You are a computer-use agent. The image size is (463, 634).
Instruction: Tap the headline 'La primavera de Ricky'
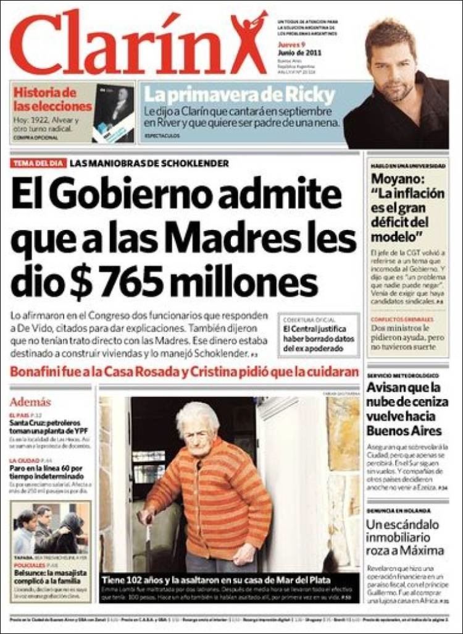point(240,95)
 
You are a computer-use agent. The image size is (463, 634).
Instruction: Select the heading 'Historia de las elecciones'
point(52,99)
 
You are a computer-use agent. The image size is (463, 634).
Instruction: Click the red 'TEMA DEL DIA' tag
point(37,164)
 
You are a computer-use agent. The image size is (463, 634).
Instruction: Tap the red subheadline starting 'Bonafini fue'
point(184,372)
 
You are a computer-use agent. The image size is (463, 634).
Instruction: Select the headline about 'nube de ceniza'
point(404,409)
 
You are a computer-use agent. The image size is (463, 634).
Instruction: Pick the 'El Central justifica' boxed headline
point(315,339)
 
